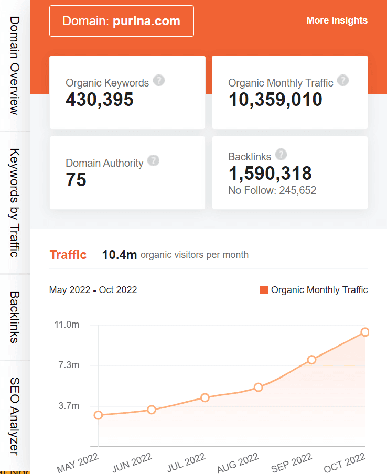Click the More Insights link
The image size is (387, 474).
click(x=337, y=20)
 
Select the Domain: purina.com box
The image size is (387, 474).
click(x=122, y=21)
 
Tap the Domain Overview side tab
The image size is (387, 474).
click(x=15, y=65)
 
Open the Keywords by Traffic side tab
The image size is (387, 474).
click(x=15, y=203)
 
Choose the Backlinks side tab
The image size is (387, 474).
click(x=15, y=317)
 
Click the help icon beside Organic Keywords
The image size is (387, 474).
click(x=159, y=81)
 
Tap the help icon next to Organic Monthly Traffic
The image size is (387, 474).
click(x=343, y=81)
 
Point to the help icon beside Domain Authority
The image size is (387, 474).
click(x=153, y=161)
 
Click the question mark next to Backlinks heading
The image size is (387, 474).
click(x=281, y=155)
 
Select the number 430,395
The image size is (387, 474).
click(x=100, y=99)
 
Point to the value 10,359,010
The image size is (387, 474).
click(x=275, y=99)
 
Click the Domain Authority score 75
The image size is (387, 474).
click(x=76, y=180)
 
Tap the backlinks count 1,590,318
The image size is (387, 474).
click(x=270, y=173)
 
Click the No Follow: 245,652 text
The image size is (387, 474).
click(x=272, y=190)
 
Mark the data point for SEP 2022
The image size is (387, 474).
click(x=311, y=360)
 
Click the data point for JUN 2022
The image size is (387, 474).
click(x=152, y=410)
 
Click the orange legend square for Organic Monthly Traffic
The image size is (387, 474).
click(x=264, y=290)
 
